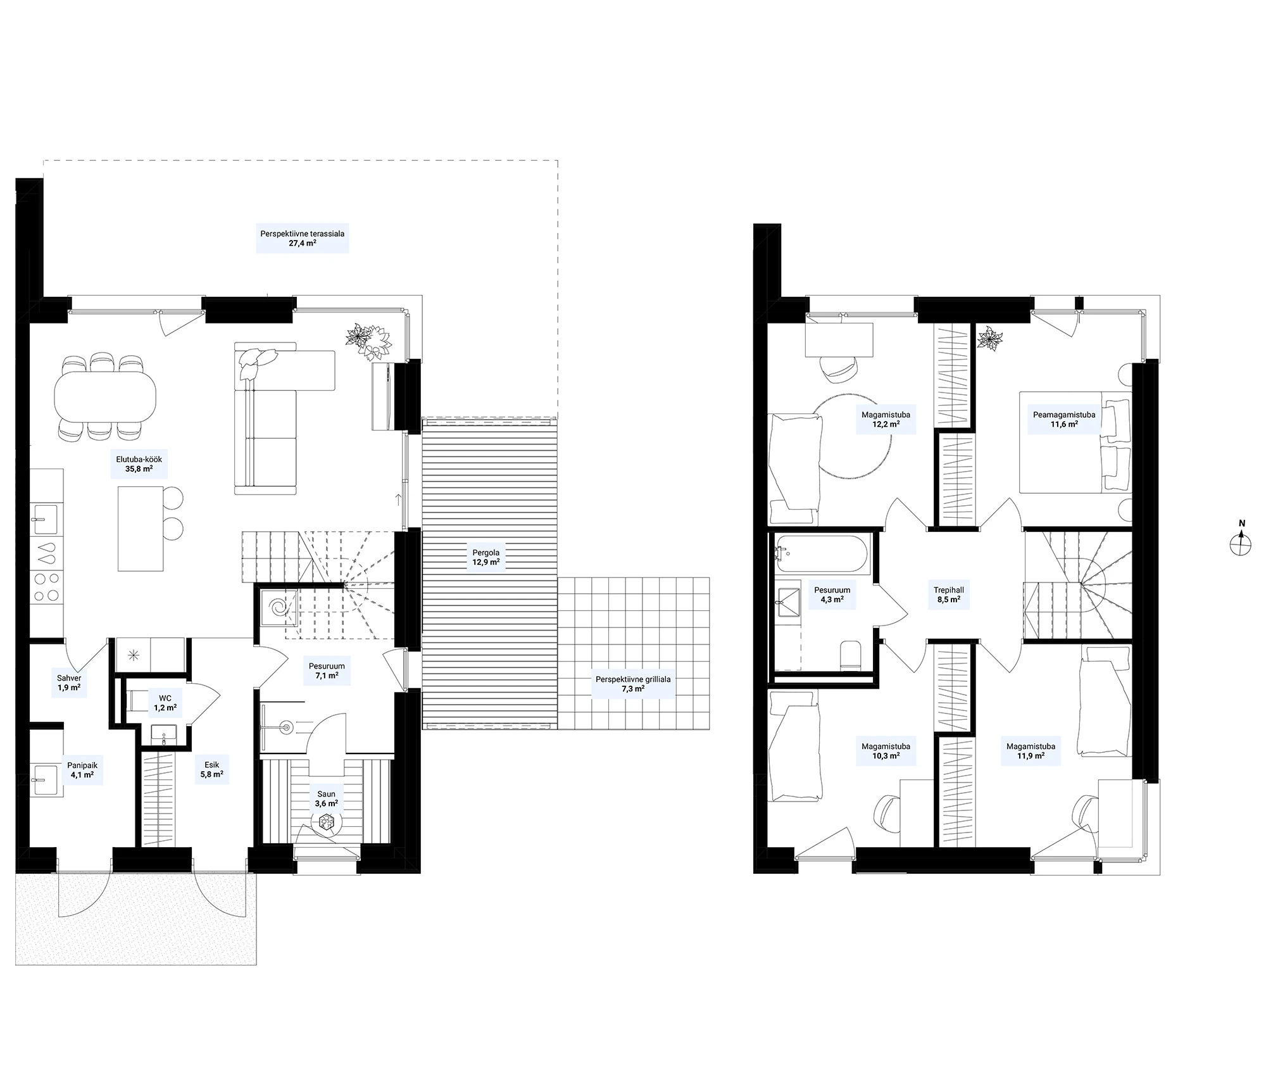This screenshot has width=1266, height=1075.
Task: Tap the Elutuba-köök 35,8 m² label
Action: coord(135,464)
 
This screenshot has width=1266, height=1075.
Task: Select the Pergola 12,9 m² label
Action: coord(486,557)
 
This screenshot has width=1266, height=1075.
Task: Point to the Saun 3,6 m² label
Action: coord(327,798)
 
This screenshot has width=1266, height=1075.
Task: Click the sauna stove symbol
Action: coord(327,822)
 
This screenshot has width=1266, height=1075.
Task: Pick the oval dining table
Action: coord(105,397)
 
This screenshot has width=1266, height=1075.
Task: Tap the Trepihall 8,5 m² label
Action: coord(949,594)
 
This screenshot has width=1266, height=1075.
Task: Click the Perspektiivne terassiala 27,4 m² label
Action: coord(303,238)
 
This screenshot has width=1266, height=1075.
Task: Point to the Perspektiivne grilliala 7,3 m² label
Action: coord(633,684)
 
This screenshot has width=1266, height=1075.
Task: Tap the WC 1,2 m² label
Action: coord(165,703)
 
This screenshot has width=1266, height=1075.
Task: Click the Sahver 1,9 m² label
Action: coord(69,682)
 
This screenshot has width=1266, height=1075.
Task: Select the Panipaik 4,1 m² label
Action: coord(82,770)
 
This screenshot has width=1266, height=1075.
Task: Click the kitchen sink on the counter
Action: coord(46,520)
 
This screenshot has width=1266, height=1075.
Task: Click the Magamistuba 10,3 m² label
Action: coord(886,751)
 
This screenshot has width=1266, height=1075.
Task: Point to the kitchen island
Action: coord(141,528)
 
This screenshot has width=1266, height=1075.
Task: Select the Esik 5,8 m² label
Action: coord(211,769)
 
